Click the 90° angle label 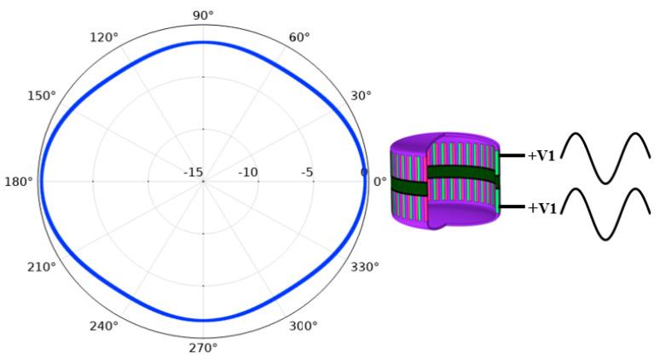point(203,15)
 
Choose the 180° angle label point(18,181)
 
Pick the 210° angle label point(41,267)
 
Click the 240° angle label point(104,325)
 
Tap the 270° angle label point(203,347)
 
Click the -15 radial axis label point(194,173)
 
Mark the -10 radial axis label point(247,173)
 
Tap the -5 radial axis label point(307,173)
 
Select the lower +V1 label point(542,207)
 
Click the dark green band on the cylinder point(460,174)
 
